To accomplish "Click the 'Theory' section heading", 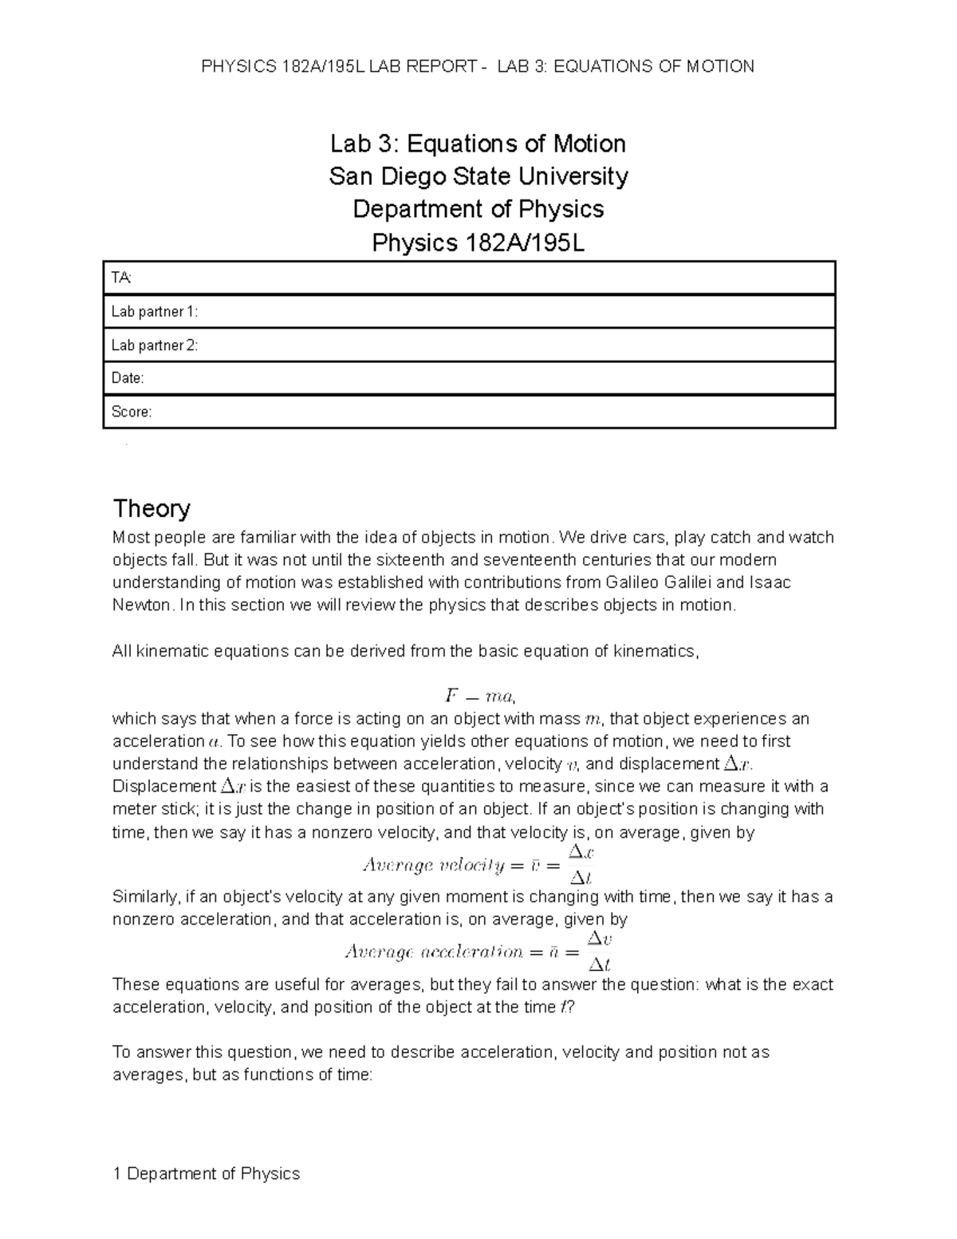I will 152,508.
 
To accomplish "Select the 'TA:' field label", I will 122,278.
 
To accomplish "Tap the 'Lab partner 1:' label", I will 154,312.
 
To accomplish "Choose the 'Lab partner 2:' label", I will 154,345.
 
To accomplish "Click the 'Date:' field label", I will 128,378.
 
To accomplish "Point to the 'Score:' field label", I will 132,412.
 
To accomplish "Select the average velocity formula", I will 478,865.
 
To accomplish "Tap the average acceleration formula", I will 478,951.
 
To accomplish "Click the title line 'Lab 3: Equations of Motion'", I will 478,144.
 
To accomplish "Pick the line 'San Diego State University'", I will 478,176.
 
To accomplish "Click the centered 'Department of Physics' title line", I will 478,209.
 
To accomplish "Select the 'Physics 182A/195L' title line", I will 478,243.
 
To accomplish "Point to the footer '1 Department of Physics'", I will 207,1174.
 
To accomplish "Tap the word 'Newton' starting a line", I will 141,605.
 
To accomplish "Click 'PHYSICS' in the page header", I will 238,66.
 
